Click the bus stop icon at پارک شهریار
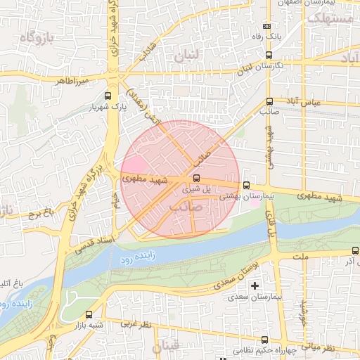[108, 97]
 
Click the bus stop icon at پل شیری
[196, 178]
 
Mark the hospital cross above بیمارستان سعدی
[255, 286]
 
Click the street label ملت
[302, 258]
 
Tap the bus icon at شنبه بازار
[89, 315]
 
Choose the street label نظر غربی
[136, 324]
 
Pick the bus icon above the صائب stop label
[270, 101]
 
